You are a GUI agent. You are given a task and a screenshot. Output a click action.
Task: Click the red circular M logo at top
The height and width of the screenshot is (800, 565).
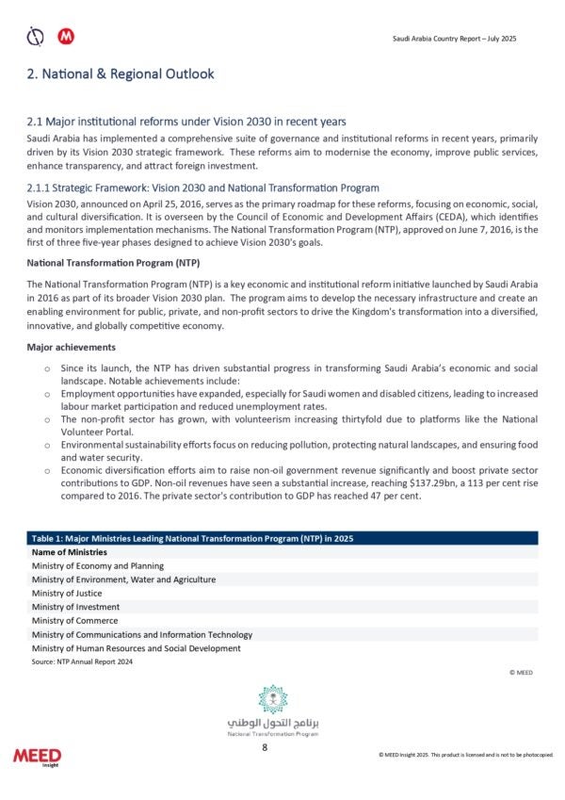coord(66,37)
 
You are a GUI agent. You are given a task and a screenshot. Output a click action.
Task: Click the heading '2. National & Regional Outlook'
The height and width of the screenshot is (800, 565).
coord(121,73)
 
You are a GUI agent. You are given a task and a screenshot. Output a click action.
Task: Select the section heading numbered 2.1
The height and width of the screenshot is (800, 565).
coord(186,122)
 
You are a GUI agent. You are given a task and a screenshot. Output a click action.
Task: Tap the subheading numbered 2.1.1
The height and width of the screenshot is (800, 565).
coord(203,188)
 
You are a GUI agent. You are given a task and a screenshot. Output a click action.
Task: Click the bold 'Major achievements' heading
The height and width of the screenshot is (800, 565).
coord(71,348)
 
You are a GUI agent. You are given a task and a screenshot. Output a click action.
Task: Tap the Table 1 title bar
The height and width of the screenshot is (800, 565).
coord(282,538)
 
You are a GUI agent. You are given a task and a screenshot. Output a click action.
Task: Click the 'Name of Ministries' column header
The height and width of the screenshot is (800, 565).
coord(69,551)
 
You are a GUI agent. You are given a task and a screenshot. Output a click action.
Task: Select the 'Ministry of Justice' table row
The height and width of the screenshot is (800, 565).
coord(67,594)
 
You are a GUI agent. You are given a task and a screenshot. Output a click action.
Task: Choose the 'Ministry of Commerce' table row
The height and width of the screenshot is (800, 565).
coord(74,621)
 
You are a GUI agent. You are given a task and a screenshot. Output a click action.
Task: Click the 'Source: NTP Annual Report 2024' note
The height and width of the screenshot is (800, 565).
coord(82,662)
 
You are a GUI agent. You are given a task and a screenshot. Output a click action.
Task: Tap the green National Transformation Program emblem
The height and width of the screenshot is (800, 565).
coord(273,699)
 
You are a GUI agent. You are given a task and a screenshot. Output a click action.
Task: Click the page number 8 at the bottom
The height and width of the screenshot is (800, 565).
coord(265,748)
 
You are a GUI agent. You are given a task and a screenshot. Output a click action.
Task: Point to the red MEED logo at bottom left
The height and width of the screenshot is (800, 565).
coord(37,757)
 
